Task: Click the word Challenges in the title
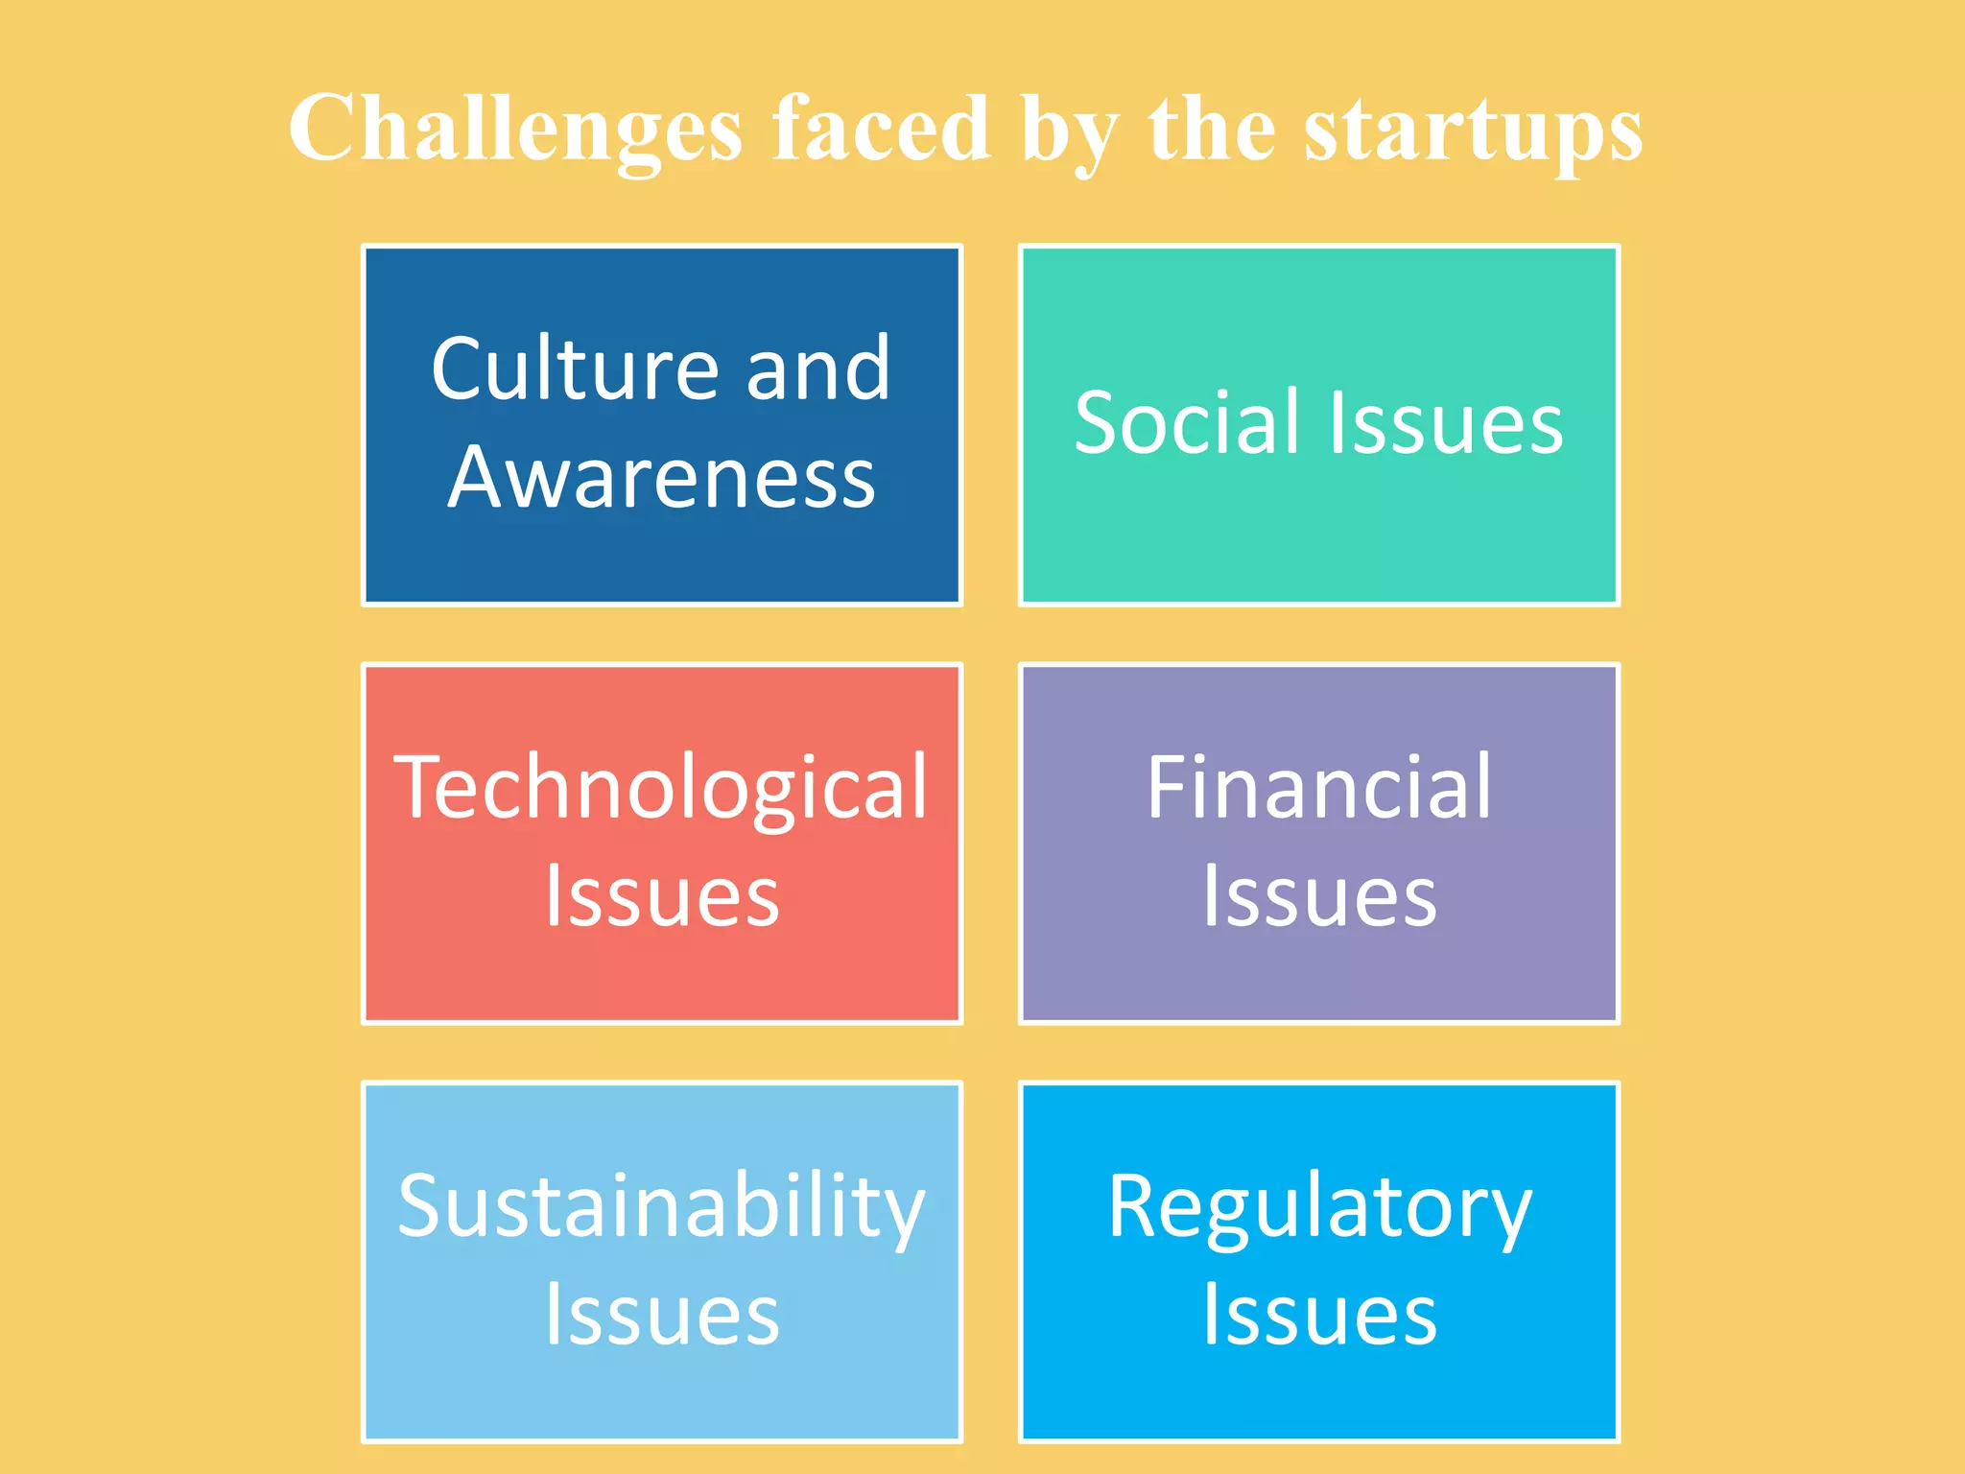pos(515,130)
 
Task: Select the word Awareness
pos(661,478)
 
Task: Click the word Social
pos(1187,423)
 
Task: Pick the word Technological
pos(661,788)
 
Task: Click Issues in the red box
pos(661,896)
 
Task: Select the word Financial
pos(1319,788)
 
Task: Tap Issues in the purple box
pos(1319,896)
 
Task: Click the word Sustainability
pos(661,1207)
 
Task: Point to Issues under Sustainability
pos(661,1316)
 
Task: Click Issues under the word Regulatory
pos(1319,1316)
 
